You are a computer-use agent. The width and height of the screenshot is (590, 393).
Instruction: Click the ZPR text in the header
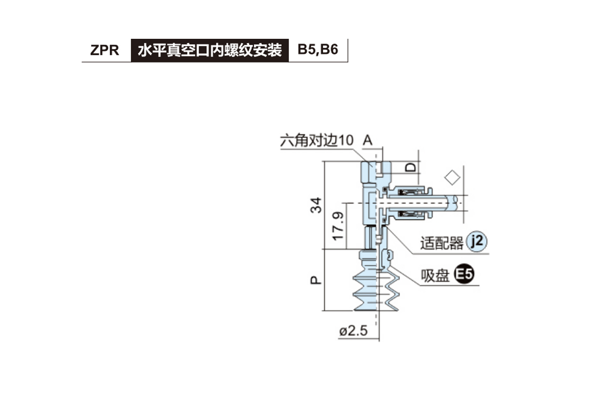105,51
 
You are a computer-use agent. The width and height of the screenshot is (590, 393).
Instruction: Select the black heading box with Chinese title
210,51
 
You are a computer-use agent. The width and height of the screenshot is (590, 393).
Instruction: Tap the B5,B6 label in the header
318,51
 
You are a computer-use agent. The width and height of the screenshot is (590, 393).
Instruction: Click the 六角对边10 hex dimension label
316,141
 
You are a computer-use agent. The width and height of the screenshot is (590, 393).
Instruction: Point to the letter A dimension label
368,140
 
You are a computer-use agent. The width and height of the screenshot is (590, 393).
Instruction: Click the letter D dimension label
411,167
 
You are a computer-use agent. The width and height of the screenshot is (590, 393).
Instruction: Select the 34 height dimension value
317,205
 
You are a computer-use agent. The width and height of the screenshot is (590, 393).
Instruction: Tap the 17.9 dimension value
338,227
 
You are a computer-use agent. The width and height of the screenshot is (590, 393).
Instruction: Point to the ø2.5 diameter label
353,331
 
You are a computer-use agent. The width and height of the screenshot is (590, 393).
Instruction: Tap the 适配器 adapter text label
442,243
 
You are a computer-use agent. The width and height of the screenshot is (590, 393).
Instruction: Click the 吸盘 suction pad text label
435,276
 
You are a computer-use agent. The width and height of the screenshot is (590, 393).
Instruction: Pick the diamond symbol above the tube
452,177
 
